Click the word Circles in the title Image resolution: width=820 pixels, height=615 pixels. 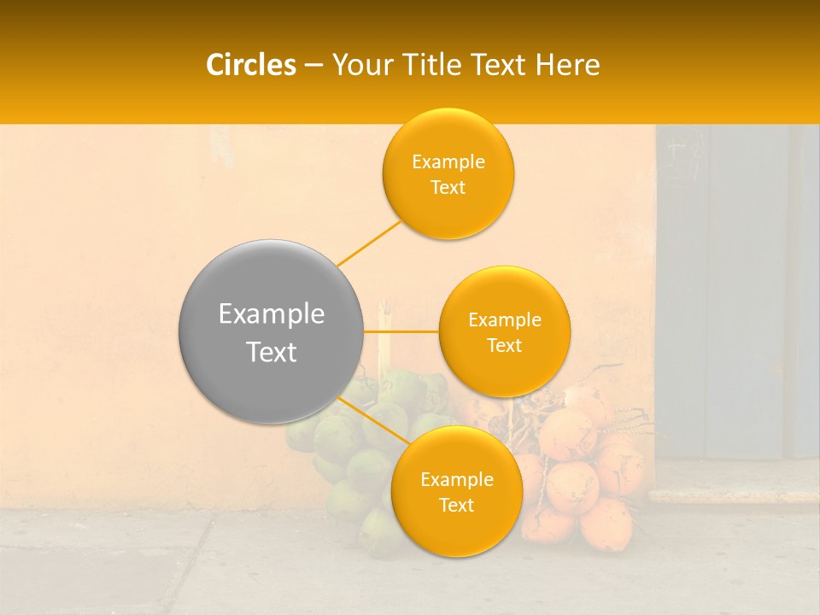tap(251, 65)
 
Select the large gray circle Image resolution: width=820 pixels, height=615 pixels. tap(271, 332)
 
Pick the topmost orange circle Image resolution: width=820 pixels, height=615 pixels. tap(448, 173)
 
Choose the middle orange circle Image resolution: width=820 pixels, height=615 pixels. tap(505, 331)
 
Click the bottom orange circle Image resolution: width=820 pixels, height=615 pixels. tap(456, 491)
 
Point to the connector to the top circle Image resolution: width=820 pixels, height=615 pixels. tap(369, 242)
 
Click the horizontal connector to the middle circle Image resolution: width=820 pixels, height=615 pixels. tap(401, 331)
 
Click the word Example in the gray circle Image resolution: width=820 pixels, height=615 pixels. tap(272, 313)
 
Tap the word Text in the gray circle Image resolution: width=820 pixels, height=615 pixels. tap(272, 352)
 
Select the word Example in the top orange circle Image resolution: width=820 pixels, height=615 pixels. tap(448, 161)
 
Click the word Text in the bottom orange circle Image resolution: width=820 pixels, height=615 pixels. tap(456, 505)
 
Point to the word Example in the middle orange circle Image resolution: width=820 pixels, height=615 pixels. tap(505, 319)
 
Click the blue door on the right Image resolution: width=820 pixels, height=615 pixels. tap(735, 290)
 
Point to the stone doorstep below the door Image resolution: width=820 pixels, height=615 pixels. tap(735, 494)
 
